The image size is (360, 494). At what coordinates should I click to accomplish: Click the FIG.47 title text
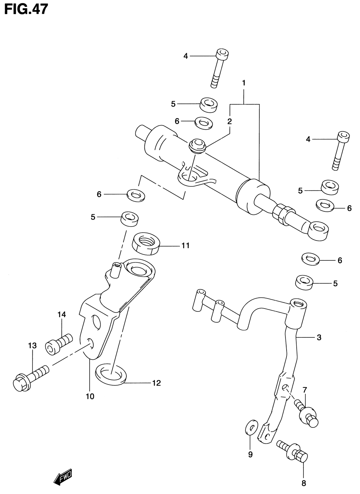click(26, 9)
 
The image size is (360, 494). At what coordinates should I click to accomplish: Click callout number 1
click(244, 83)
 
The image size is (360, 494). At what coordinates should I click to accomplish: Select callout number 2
click(229, 121)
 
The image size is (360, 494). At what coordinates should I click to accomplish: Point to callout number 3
click(319, 338)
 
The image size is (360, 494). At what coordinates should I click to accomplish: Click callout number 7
click(305, 390)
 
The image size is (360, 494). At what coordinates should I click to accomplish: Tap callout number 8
click(303, 483)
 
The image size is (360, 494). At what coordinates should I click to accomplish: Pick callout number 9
click(250, 454)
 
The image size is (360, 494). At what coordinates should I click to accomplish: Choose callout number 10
click(90, 396)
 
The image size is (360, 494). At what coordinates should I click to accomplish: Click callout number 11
click(185, 246)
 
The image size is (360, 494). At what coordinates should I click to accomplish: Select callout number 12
click(156, 383)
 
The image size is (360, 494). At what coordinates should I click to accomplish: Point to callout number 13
click(32, 346)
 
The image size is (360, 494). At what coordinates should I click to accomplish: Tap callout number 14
click(62, 315)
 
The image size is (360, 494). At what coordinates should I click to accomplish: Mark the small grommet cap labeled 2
click(197, 145)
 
